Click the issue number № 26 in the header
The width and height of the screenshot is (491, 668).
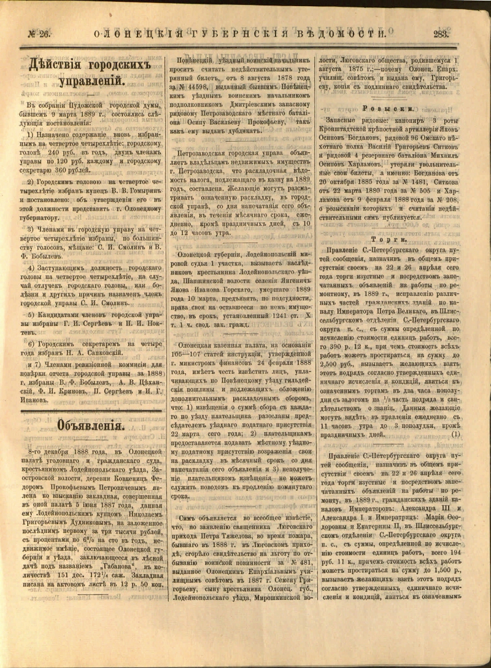click(x=38, y=34)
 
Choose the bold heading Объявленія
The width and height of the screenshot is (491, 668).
click(x=92, y=425)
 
